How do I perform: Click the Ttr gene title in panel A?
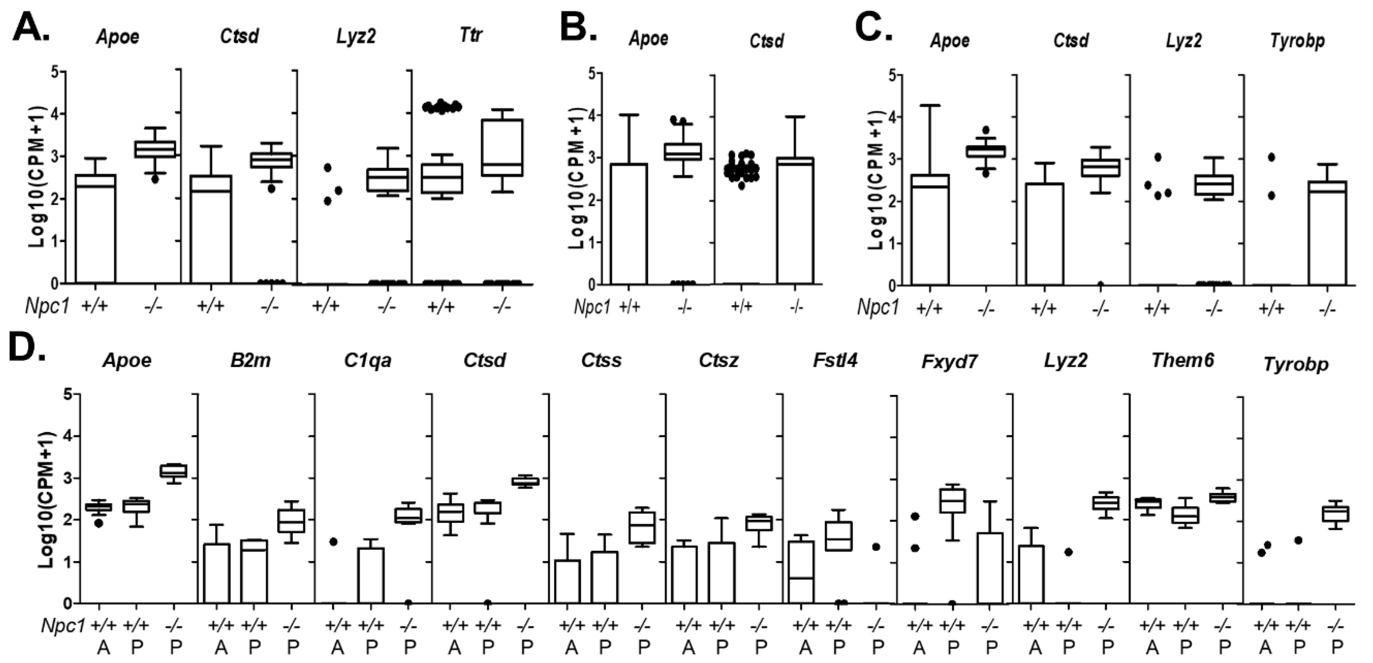pos(471,36)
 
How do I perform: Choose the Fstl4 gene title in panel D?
pos(835,361)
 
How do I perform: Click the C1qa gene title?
pos(368,361)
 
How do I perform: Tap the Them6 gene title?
pos(1182,361)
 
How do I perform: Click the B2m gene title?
pos(250,361)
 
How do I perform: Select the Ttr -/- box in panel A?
pos(502,148)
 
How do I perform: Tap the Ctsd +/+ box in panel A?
pos(211,229)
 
